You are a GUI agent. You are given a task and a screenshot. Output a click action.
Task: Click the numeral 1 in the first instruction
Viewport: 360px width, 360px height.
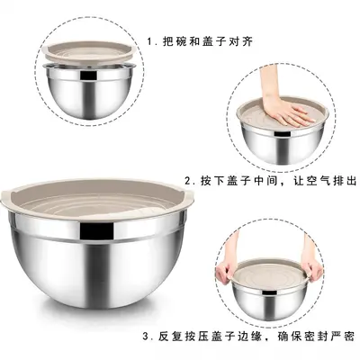pos(150,41)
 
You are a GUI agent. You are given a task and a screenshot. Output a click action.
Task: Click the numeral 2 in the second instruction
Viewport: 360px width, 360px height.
pos(188,181)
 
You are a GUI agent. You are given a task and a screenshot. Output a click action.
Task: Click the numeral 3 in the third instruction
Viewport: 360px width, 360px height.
pos(146,337)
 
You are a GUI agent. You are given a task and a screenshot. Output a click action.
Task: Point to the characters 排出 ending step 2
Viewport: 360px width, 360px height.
pos(344,181)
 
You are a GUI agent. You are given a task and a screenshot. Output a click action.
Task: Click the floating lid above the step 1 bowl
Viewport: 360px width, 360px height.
pos(90,52)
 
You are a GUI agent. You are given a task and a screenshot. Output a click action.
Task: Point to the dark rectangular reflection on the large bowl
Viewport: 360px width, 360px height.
pos(97,232)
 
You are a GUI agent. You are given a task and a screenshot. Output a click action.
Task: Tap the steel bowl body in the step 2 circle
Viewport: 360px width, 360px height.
pos(283,143)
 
